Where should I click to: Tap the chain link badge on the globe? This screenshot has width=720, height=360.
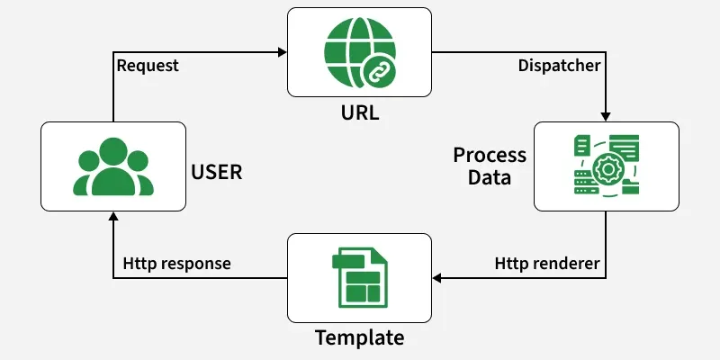tap(373, 70)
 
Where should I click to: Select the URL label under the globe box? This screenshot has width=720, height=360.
tap(359, 115)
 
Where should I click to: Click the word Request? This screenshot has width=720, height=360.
tap(148, 65)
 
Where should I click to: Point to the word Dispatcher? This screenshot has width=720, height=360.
tap(559, 65)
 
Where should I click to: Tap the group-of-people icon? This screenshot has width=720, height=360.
tap(113, 167)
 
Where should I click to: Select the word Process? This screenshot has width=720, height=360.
tap(490, 155)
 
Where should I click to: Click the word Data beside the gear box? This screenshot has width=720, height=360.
tap(490, 177)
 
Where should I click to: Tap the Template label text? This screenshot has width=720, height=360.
tap(359, 338)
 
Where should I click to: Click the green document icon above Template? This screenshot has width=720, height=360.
tap(359, 278)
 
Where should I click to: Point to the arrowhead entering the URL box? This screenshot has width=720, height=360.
tap(282, 51)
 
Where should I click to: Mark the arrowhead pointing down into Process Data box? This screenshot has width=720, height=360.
tap(606, 117)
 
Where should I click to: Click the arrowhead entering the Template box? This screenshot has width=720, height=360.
tap(437, 278)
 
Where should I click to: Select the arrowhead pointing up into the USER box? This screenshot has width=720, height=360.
tap(113, 217)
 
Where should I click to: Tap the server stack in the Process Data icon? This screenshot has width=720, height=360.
tap(584, 181)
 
